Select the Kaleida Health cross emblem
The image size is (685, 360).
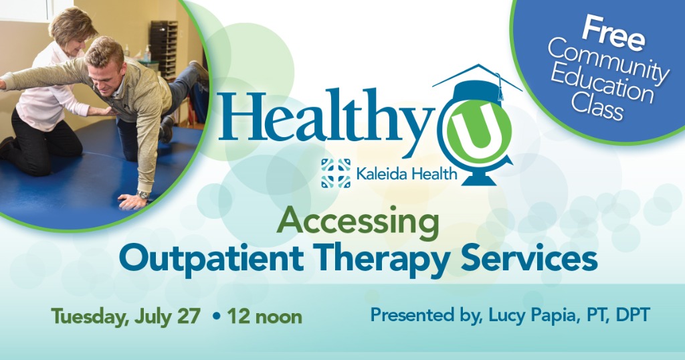(336, 173)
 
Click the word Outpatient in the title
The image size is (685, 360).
(211, 258)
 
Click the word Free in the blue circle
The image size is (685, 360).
(614, 33)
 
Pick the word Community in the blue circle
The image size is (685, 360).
(608, 62)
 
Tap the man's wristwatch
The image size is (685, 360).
(142, 195)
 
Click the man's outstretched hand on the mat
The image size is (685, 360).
(132, 201)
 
